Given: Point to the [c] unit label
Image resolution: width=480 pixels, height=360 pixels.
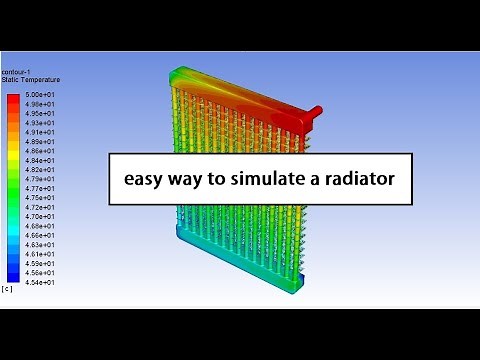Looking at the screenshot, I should tap(8, 289).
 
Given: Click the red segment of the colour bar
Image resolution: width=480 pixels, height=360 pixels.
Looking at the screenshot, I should tap(12, 100).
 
